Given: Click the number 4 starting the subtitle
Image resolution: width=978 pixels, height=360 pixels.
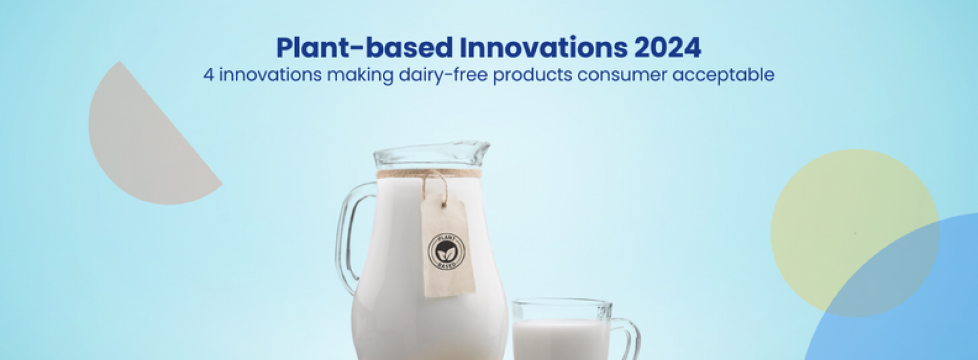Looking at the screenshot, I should [x=208, y=76].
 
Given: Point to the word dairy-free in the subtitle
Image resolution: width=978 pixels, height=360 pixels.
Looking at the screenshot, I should [x=446, y=76].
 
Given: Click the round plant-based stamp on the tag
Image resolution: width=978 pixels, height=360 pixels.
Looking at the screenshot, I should [x=446, y=250].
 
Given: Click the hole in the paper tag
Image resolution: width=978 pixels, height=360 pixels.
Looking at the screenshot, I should [x=444, y=206].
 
